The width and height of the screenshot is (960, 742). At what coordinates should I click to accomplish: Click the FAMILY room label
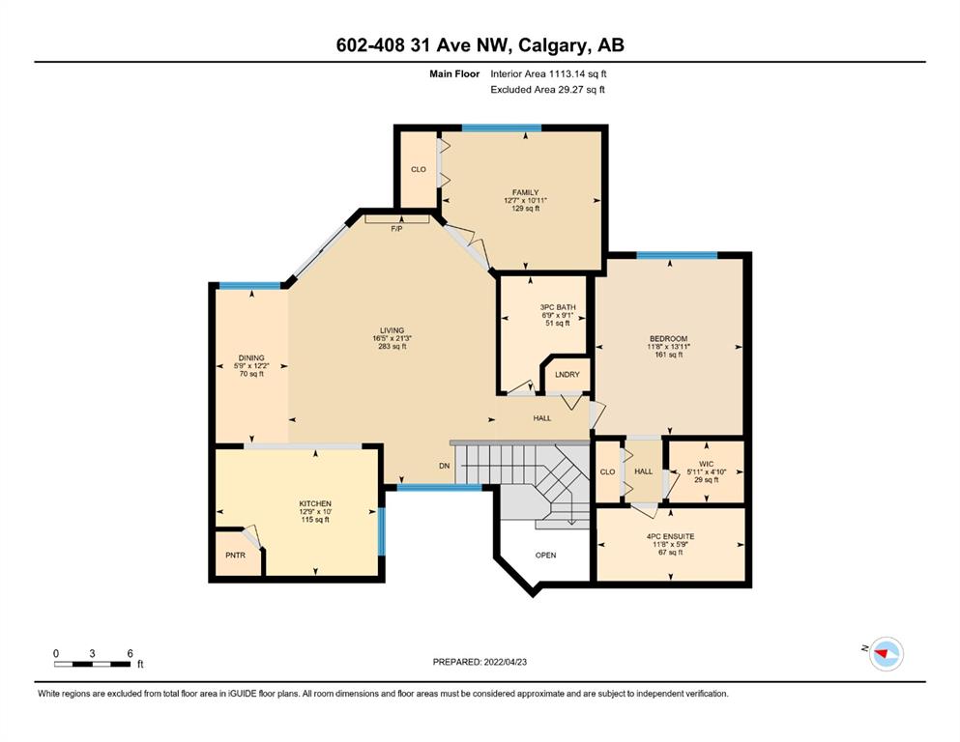(x=525, y=192)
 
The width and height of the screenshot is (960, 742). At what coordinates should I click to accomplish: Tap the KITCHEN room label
(x=315, y=503)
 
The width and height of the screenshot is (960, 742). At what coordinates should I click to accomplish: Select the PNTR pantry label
(x=235, y=555)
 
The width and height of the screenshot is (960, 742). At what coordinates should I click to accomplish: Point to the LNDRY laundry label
(x=567, y=374)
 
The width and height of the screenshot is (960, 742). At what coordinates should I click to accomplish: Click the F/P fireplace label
(x=396, y=229)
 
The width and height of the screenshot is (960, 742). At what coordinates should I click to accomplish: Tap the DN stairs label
(x=445, y=466)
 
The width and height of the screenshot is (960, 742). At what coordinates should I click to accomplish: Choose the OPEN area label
(x=545, y=555)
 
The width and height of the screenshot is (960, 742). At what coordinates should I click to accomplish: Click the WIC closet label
(x=706, y=464)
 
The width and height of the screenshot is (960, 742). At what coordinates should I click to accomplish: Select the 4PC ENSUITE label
(x=670, y=536)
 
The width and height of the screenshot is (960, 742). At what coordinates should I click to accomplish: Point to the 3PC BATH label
(x=558, y=307)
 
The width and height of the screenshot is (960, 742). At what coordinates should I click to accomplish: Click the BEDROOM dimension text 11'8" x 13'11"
(x=669, y=346)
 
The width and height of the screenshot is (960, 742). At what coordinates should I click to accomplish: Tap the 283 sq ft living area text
(x=392, y=346)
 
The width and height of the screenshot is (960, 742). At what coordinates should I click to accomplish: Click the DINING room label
(x=251, y=357)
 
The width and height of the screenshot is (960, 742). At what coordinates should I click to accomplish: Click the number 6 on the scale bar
(x=130, y=653)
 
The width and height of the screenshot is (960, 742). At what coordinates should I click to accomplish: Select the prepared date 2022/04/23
(x=505, y=662)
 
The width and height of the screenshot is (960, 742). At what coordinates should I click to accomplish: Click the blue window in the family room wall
(x=502, y=128)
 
